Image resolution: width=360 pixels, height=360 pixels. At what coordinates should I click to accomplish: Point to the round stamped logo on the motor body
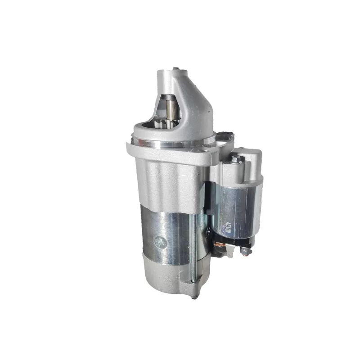(161, 242)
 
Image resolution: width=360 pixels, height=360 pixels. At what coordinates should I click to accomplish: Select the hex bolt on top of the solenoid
(237, 159)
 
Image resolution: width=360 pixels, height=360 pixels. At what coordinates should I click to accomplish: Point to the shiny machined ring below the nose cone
(171, 143)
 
